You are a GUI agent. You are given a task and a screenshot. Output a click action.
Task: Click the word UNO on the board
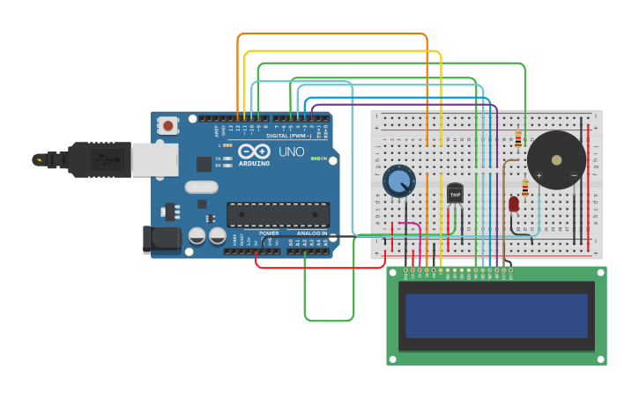[292, 151]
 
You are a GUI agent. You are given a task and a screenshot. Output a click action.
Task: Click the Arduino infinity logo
[254, 151]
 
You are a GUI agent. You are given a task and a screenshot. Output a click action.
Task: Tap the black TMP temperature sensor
[455, 193]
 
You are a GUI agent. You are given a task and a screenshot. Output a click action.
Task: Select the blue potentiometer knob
[399, 181]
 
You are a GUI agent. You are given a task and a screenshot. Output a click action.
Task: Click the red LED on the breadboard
[514, 203]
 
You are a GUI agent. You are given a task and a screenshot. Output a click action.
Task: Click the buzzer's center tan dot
[556, 160]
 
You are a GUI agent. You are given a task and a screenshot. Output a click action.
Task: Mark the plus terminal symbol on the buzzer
[539, 175]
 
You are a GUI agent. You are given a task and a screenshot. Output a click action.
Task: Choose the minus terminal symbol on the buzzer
[574, 175]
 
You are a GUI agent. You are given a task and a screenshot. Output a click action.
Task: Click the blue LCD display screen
[497, 315]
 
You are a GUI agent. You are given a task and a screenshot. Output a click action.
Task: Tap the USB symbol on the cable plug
[103, 159]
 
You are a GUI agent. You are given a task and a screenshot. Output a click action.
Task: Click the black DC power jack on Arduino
[162, 239]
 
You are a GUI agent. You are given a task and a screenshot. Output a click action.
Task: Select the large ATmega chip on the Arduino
[279, 214]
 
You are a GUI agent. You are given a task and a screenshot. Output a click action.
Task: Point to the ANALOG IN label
[310, 233]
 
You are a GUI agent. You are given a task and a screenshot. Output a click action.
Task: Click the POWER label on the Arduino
[269, 233]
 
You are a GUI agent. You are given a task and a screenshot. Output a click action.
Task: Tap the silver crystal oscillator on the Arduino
[202, 187]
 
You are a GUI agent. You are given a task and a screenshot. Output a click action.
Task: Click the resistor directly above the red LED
[525, 188]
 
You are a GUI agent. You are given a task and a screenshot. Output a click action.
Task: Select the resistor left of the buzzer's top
[518, 139]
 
